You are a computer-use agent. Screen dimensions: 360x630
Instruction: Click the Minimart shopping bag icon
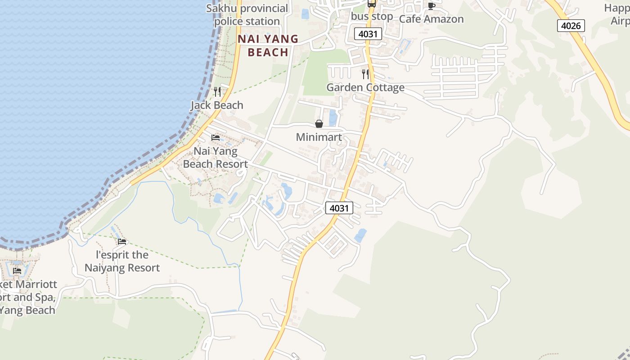coord(319,124)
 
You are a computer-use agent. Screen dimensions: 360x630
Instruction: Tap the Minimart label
coord(319,137)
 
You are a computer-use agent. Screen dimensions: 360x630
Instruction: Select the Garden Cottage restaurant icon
coord(365,74)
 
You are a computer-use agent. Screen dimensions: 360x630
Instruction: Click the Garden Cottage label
coord(365,87)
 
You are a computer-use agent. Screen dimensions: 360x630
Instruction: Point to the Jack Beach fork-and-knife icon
coord(217,92)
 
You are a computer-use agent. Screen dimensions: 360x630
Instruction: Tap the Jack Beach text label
coord(217,105)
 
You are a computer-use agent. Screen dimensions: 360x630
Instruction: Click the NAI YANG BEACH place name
coord(268,45)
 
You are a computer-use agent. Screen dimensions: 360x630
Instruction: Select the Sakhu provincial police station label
coord(247,15)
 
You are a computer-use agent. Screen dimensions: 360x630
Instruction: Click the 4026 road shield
coord(571,26)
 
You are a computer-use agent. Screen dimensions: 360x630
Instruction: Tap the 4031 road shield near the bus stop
coord(368,34)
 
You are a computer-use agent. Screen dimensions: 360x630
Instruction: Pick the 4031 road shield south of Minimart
coord(339,208)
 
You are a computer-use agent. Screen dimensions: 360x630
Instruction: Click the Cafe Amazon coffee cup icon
coord(431,6)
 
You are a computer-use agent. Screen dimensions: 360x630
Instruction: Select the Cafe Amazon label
coord(431,19)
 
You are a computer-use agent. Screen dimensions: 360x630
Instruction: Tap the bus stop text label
coord(372,17)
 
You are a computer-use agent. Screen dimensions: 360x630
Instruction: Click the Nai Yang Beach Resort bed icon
coord(216,137)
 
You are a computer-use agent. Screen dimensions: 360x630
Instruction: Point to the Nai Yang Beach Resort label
coord(216,157)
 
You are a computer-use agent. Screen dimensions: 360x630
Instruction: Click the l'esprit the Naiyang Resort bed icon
coord(122,242)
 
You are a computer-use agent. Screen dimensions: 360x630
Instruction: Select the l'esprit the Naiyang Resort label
coord(122,261)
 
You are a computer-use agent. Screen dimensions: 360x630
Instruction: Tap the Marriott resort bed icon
coord(17,270)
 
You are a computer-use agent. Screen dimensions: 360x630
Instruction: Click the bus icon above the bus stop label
coord(371,4)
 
